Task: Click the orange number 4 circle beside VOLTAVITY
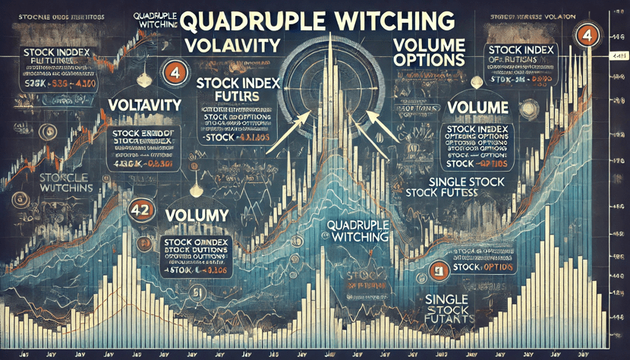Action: (x=172, y=75)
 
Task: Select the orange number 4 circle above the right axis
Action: (x=584, y=34)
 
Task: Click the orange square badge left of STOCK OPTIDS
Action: (x=437, y=270)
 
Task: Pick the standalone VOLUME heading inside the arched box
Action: (x=477, y=108)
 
